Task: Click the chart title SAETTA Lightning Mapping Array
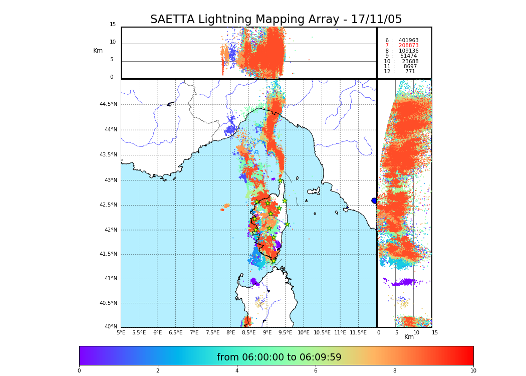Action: (x=276, y=20)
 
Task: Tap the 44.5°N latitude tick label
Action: (x=108, y=104)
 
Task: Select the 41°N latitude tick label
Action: (x=110, y=279)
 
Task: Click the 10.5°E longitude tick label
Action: (x=322, y=332)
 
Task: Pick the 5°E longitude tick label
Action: (x=121, y=332)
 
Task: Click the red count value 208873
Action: (x=408, y=46)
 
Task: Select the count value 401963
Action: (x=408, y=41)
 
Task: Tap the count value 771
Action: (x=410, y=72)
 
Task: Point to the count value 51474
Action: (x=408, y=56)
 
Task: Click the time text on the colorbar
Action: (x=279, y=357)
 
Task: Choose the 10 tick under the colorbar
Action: (x=473, y=371)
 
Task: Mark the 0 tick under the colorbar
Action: (x=79, y=371)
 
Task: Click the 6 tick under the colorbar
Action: (x=316, y=371)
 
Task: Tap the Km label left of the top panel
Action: (x=98, y=51)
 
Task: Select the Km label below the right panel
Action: (x=409, y=337)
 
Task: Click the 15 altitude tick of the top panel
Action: (x=113, y=25)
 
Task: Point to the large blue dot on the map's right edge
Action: (x=374, y=201)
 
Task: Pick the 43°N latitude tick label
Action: (x=110, y=180)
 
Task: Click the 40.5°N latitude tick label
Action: (x=108, y=303)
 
